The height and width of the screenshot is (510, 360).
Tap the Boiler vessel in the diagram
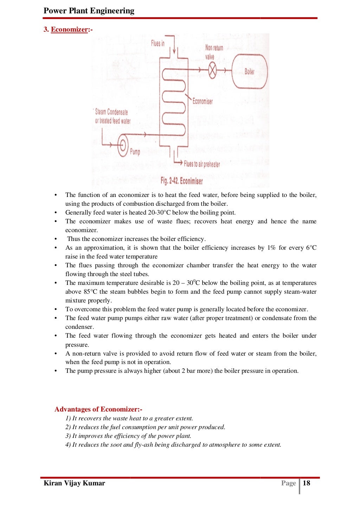pyautogui.click(x=250, y=71)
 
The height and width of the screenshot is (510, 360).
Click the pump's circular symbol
pyautogui.click(x=123, y=145)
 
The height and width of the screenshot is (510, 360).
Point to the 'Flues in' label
pyautogui.click(x=157, y=43)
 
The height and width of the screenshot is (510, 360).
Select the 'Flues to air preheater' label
pyautogui.click(x=202, y=164)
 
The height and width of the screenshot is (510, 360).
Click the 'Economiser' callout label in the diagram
pyautogui.click(x=202, y=101)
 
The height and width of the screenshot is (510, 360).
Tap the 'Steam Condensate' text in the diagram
pyautogui.click(x=111, y=112)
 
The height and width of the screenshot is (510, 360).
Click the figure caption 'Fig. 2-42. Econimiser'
pyautogui.click(x=182, y=181)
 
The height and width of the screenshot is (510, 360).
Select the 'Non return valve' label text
pyautogui.click(x=214, y=52)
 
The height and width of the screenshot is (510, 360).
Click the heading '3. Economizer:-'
pyautogui.click(x=68, y=30)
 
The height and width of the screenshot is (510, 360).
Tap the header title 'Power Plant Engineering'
pyautogui.click(x=89, y=11)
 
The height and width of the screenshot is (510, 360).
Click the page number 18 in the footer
pyautogui.click(x=307, y=483)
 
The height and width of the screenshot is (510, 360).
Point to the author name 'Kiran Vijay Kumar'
pyautogui.click(x=74, y=483)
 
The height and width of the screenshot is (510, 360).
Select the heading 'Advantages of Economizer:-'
pyautogui.click(x=98, y=409)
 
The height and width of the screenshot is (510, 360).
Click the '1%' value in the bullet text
pyautogui.click(x=271, y=248)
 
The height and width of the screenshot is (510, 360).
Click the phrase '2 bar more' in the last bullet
pyautogui.click(x=197, y=371)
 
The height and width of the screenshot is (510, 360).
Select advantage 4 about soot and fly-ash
pyautogui.click(x=173, y=445)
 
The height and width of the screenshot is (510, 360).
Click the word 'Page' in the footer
pyautogui.click(x=288, y=483)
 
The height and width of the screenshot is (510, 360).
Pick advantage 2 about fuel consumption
pyautogui.click(x=145, y=427)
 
